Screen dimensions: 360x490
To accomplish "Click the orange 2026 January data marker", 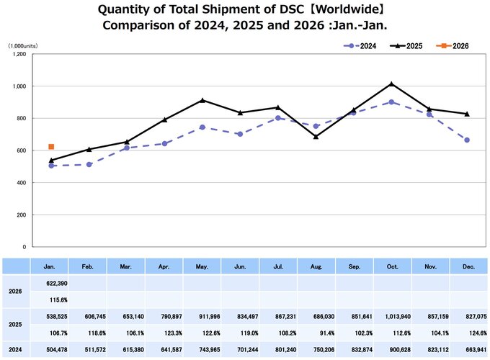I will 51,147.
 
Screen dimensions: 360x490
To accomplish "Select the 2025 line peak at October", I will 391,84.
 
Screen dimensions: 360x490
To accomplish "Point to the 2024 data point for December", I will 467,140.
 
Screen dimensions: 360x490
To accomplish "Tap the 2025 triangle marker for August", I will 316,136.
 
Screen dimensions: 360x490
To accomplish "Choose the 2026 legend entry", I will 453,45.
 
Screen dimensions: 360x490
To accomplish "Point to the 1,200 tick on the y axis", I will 19,54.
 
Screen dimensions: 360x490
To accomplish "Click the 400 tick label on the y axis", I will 21,182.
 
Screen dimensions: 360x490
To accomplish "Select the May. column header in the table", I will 202,266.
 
